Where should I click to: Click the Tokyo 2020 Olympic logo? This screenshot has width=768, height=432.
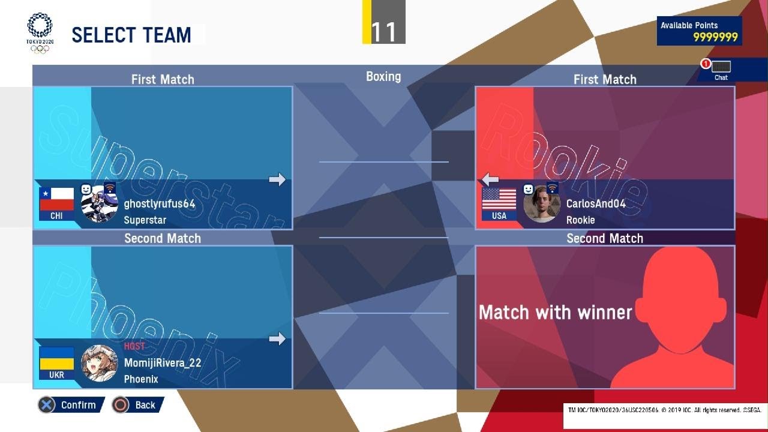pos(40,33)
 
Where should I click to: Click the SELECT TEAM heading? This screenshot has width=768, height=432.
pos(131,35)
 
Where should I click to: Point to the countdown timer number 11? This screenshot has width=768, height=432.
pos(383,32)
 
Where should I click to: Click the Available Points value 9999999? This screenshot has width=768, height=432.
pos(715,37)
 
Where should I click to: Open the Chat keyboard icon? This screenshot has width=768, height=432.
pos(721,67)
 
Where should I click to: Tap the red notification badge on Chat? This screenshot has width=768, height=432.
pos(706,64)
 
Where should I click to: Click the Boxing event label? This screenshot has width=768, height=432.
pos(383,76)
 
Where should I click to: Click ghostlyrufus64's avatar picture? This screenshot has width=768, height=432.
pos(100,203)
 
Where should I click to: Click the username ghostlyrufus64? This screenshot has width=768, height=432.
pos(160,203)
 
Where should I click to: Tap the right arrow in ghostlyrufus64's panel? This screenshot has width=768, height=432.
pos(277,179)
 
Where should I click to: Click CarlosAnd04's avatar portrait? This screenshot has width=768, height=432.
pos(542,203)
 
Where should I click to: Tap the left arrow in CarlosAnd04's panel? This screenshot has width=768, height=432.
pos(490,179)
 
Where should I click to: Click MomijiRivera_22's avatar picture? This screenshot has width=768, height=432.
pos(100,363)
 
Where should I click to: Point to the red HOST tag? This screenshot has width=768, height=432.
pos(134,346)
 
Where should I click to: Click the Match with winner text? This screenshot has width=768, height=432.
pos(555,313)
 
